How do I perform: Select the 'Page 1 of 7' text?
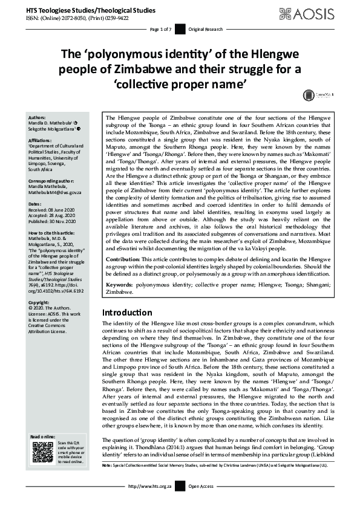coord(161,29)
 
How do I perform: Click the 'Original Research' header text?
coord(205,29)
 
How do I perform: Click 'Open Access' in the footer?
coord(201,503)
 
